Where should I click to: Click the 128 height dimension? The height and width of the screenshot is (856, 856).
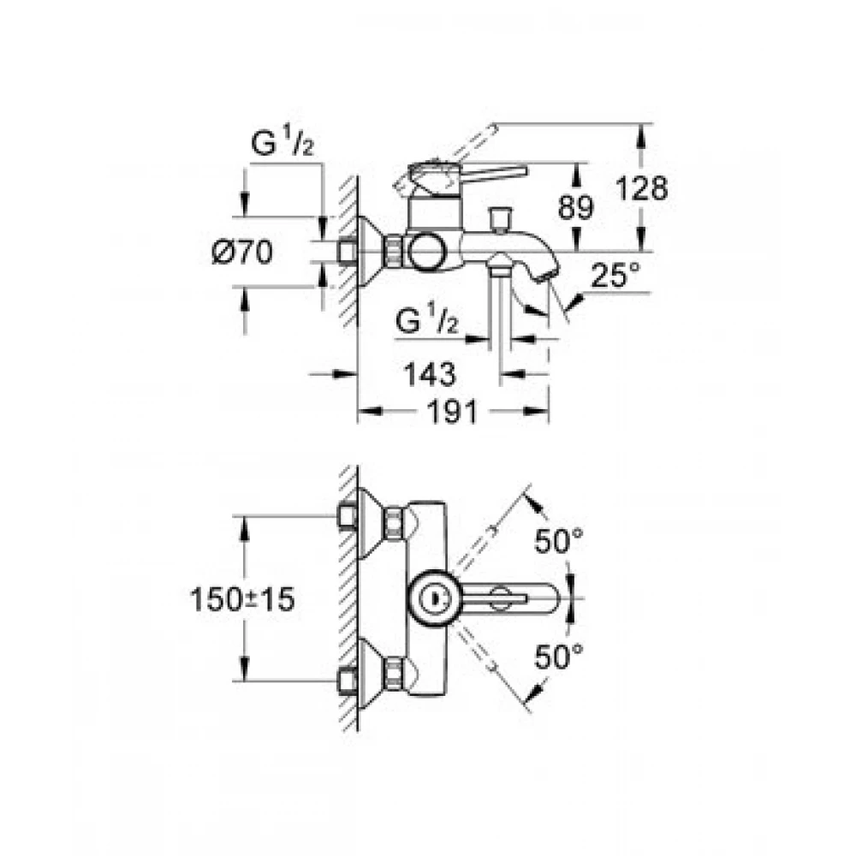[641, 189]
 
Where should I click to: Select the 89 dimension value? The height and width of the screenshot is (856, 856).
[575, 207]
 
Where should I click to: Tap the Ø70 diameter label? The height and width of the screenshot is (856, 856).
[242, 253]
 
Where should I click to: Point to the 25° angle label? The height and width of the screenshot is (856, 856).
[615, 275]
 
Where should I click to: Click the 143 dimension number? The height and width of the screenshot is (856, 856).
[429, 375]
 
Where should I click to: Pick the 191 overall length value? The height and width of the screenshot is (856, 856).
[453, 412]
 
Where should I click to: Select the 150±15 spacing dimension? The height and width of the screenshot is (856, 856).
[242, 599]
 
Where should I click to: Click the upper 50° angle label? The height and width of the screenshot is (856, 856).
[558, 541]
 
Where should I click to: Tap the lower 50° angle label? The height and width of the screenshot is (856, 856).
[558, 657]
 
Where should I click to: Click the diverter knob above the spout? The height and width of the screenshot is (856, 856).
[499, 219]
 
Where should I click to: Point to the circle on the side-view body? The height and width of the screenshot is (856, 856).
[427, 253]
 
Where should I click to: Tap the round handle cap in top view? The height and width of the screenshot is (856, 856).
[435, 598]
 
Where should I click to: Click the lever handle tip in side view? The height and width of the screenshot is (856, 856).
[523, 170]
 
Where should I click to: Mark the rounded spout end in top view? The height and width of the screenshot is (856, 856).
[552, 598]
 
